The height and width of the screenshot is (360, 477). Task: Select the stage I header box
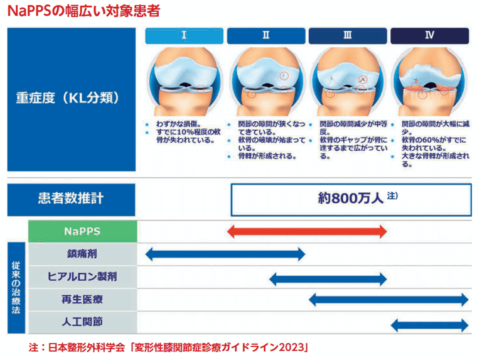(x=184, y=36)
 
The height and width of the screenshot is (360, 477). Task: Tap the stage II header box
(x=265, y=36)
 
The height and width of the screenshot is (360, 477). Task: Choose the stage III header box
(x=347, y=36)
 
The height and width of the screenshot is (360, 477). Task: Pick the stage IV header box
(x=429, y=36)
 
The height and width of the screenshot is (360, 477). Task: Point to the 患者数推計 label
(x=71, y=199)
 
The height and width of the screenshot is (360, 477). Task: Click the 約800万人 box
(x=351, y=199)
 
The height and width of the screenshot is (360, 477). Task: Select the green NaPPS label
(x=82, y=231)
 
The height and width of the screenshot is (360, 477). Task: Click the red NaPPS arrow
(x=308, y=231)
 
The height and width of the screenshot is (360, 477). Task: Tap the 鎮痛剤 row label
(x=82, y=254)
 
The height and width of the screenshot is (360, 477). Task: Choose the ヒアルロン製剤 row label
(x=82, y=276)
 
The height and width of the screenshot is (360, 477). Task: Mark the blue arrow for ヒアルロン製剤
(x=328, y=277)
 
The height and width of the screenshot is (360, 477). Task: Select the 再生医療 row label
(x=82, y=300)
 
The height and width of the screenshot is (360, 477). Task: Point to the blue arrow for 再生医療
(x=389, y=300)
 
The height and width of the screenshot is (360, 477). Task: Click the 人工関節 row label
(x=82, y=322)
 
